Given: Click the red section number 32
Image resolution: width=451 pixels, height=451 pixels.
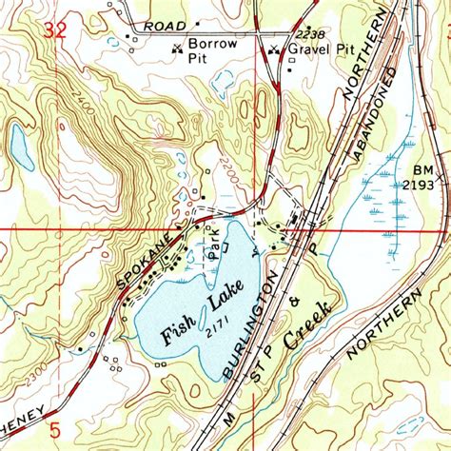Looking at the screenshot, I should [x=56, y=32].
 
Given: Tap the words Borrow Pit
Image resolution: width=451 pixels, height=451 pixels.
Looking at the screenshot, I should [x=211, y=52].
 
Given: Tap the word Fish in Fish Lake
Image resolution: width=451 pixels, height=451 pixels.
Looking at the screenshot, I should [x=176, y=330].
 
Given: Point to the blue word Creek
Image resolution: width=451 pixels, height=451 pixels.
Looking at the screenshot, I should [x=309, y=324].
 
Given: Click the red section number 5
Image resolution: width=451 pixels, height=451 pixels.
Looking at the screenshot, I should [x=54, y=429].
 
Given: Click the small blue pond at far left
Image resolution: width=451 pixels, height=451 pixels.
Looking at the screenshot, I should [x=18, y=144].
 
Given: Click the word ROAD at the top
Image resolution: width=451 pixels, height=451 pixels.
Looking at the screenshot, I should [x=163, y=26].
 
